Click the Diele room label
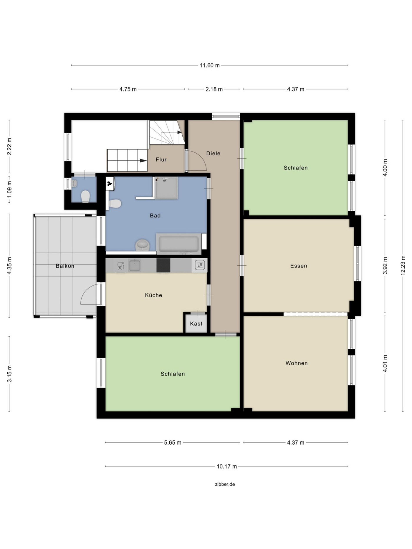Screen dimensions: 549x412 coord(213,153)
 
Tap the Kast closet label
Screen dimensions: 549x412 coord(196,324)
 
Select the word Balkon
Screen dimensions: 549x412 coord(65,266)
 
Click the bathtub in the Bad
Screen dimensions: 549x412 coord(178,244)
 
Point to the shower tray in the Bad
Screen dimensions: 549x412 coord(166,188)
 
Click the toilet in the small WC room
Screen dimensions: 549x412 coord(85,196)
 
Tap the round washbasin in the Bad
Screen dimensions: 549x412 coord(143,245)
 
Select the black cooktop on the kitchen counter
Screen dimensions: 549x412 coord(163,265)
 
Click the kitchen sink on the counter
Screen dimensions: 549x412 coord(135,265)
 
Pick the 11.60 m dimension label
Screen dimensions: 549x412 coord(210,65)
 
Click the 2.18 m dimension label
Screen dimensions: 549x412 coord(214,89)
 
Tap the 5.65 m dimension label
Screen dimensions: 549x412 coord(173,442)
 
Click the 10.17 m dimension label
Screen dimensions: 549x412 coord(227,466)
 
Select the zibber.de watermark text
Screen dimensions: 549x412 coord(225,484)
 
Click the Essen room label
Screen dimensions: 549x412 coord(299,266)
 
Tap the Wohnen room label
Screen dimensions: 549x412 coord(297,363)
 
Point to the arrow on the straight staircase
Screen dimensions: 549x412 coord(143,161)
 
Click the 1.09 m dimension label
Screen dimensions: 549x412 coord(9,190)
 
